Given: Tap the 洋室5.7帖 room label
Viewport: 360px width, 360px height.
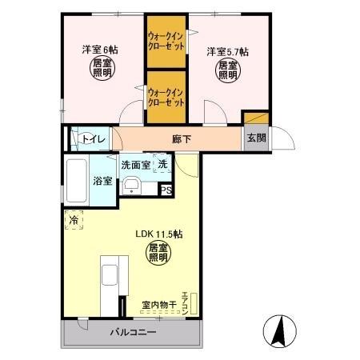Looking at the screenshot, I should [x=227, y=52].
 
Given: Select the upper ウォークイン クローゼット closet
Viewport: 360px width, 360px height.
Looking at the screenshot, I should [x=166, y=41].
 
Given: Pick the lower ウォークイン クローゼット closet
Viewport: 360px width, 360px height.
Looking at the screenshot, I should [x=166, y=97].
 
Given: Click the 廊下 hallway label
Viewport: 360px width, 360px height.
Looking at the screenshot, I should [x=182, y=138].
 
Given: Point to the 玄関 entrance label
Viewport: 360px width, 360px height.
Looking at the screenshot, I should [x=256, y=138].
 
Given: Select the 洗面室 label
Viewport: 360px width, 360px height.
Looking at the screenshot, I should [x=135, y=165].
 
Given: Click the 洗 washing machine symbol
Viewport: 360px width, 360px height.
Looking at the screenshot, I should [x=162, y=165].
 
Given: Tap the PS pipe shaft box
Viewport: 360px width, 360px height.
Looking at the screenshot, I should [x=166, y=190].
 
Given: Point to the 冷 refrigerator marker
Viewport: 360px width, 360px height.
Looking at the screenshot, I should [x=74, y=218].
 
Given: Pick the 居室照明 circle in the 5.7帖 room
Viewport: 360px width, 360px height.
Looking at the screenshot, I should [x=227, y=71].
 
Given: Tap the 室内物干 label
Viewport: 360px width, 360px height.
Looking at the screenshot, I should [x=158, y=305].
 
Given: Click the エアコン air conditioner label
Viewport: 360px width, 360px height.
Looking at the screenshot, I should [x=186, y=300].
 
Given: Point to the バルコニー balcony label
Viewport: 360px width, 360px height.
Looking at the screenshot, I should [x=128, y=332].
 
